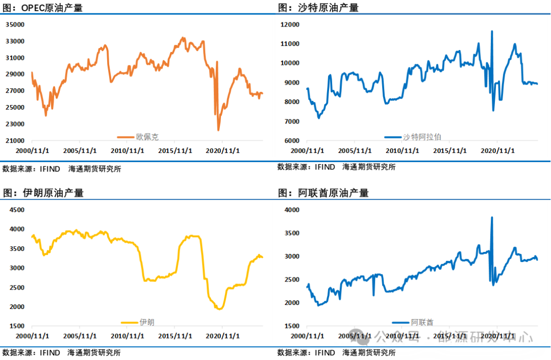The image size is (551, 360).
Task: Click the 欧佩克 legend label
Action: (x=147, y=137)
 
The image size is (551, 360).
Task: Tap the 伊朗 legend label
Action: (x=146, y=322)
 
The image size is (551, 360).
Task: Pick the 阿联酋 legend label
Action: (x=422, y=322)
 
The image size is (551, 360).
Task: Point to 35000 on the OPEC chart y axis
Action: (x=15, y=24)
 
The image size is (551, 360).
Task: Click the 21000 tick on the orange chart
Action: (x=15, y=141)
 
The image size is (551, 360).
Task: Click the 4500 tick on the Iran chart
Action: (x=17, y=210)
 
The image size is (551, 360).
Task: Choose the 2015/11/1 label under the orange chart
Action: (x=174, y=151)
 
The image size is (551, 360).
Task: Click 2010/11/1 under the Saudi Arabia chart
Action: (x=403, y=151)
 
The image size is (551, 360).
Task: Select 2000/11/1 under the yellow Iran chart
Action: (x=32, y=336)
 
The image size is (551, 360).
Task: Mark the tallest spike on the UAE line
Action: (x=492, y=218)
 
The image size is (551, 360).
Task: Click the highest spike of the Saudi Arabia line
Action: (x=492, y=32)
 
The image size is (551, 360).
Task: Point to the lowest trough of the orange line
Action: (x=218, y=130)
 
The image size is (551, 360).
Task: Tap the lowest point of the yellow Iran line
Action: (x=219, y=309)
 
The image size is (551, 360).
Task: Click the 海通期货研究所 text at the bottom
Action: (x=369, y=353)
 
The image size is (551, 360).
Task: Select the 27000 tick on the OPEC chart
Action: (x=15, y=91)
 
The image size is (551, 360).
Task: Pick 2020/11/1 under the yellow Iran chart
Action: (x=223, y=336)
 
